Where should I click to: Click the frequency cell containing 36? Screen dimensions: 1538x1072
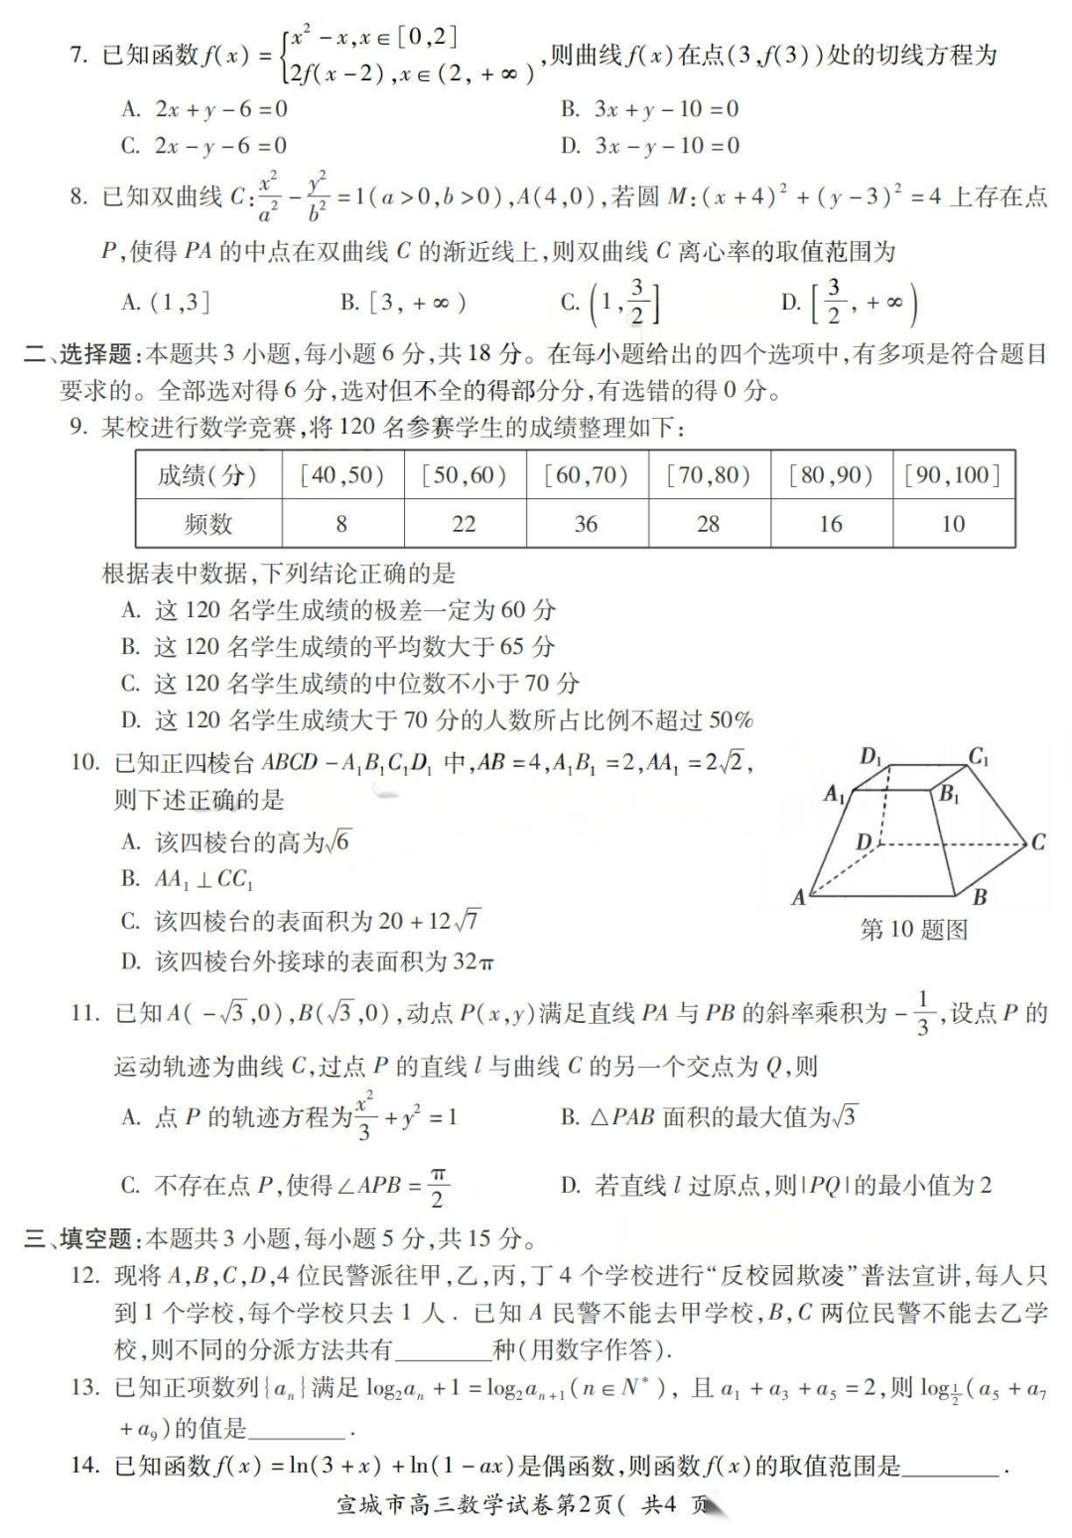pos(586,524)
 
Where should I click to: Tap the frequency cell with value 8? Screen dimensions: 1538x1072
pos(341,524)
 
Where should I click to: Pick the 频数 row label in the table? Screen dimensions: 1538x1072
pos(208,524)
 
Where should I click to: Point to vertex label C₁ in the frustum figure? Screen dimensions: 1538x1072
pos(979,758)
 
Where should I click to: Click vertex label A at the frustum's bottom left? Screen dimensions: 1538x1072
pos(799,898)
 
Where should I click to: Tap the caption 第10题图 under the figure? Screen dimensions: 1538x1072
pos(913,931)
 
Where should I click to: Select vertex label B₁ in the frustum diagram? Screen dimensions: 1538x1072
pos(949,794)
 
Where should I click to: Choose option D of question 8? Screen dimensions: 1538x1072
pos(849,303)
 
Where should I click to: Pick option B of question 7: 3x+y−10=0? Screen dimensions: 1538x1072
pos(650,109)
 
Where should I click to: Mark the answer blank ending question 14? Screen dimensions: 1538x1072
pos(953,1467)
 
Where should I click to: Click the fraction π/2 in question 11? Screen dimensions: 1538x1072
pos(438,1186)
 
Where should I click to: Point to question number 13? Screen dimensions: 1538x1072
pos(85,1388)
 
